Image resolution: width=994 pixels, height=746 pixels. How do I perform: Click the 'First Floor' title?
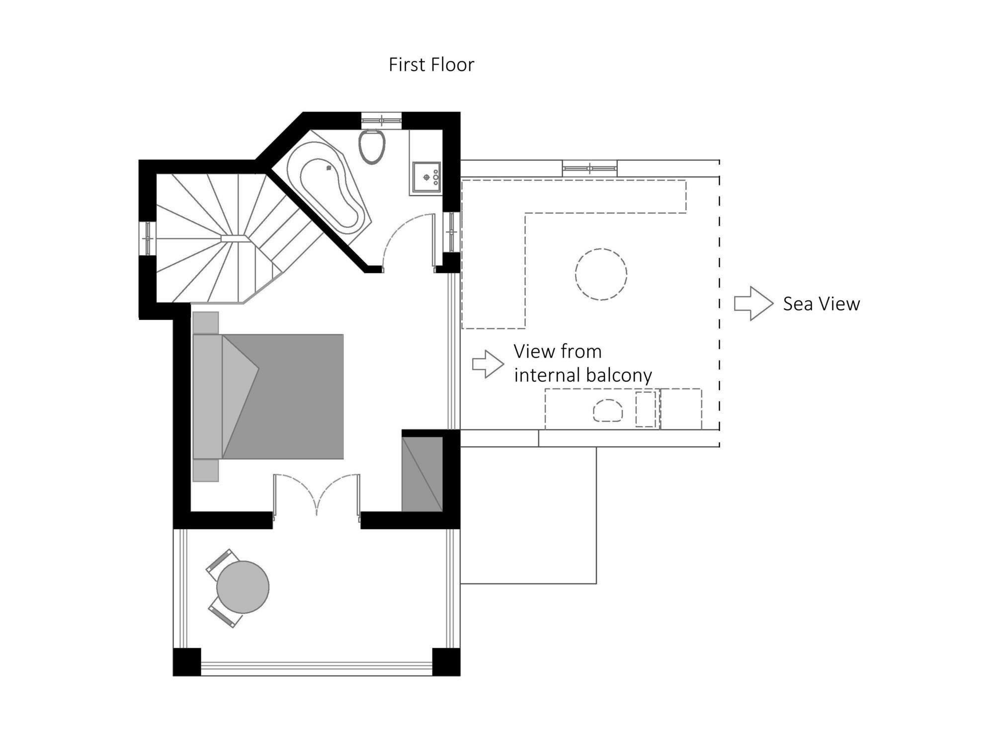(431, 65)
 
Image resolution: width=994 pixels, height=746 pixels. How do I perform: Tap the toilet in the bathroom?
(372, 147)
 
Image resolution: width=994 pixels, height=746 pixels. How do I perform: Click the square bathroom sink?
(426, 177)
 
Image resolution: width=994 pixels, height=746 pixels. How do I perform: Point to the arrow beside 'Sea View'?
(753, 303)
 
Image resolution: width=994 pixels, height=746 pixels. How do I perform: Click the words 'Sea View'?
(821, 304)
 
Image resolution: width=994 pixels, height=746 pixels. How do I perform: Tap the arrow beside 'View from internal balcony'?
(488, 364)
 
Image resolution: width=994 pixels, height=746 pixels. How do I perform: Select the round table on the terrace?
(243, 587)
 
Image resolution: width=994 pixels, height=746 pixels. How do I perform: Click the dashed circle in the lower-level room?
(601, 274)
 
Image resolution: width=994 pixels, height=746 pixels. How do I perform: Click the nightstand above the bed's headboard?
(205, 322)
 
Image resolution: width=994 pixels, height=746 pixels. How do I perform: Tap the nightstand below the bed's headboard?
(205, 470)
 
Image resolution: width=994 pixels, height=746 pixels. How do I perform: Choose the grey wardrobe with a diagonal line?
(422, 473)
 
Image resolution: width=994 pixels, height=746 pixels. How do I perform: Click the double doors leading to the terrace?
(317, 495)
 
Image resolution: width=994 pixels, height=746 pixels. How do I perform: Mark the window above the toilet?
(381, 120)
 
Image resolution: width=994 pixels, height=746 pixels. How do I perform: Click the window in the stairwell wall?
(148, 238)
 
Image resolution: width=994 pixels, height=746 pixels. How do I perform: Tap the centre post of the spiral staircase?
(235, 238)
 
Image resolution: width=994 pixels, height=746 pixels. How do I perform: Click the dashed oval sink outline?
(607, 411)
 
